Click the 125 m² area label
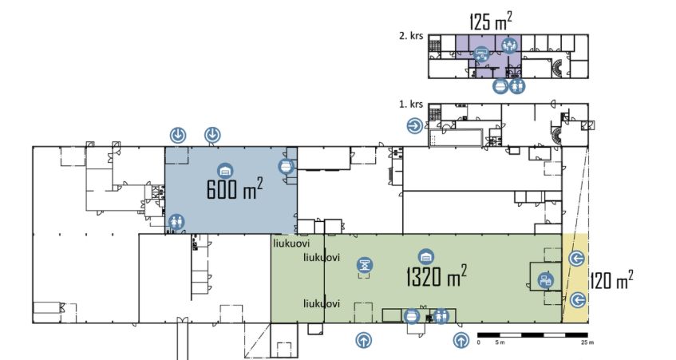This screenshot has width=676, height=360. click(491, 22)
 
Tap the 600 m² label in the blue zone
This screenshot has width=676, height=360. click(235, 188)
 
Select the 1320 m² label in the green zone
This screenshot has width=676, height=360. click(437, 276)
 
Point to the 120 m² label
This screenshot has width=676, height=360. click(611, 281)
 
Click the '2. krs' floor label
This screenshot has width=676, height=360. click(411, 36)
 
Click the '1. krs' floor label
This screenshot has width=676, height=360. click(411, 105)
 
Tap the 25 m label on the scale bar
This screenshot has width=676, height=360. click(587, 342)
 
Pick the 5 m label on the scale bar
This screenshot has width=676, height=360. click(500, 342)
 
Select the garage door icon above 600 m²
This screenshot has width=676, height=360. click(224, 171)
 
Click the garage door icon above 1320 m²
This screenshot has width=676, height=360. click(426, 256)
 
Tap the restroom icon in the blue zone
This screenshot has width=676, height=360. click(176, 223)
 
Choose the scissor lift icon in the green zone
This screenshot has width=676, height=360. click(365, 265)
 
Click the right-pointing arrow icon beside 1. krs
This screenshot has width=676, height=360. click(415, 126)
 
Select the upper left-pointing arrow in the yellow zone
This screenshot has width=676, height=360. click(576, 259)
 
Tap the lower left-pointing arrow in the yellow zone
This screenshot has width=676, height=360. click(577, 299)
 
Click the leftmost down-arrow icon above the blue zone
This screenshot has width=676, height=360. click(178, 136)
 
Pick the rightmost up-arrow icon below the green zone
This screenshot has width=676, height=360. click(461, 340)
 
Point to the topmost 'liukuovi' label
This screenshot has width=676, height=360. click(291, 243)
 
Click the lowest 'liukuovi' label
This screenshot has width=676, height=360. click(322, 303)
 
